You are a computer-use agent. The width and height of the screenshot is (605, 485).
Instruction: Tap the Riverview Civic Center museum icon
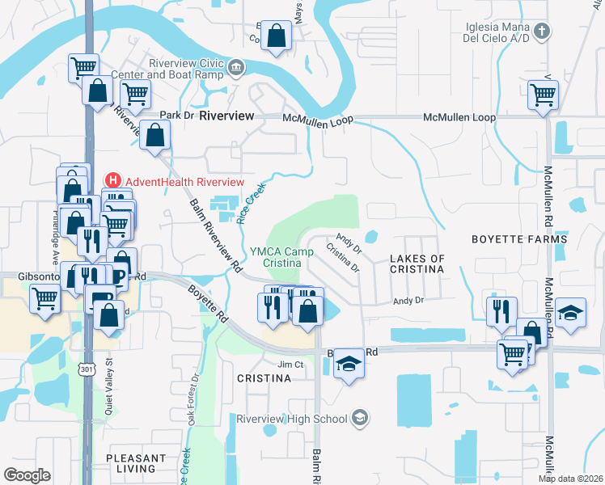coord(236,67)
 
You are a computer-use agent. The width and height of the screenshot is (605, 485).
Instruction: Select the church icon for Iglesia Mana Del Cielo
coord(542,32)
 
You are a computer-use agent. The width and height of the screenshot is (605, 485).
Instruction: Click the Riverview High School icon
coord(361,418)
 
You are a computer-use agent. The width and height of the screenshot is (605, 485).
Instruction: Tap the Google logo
coord(27,474)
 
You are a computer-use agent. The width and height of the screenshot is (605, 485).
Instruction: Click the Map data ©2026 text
coord(570,479)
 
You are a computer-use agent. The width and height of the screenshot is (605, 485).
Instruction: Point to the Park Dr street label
coord(177,116)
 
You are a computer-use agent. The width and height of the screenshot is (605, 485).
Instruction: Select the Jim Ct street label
coord(290,365)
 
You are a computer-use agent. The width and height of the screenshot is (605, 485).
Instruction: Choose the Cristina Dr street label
coord(343,258)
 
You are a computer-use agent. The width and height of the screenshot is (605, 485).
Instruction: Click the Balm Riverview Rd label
coord(215,234)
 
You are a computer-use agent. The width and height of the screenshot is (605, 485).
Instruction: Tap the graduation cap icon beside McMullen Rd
coord(571,313)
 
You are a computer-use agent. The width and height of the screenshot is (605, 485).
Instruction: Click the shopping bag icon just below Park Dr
coord(154,135)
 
